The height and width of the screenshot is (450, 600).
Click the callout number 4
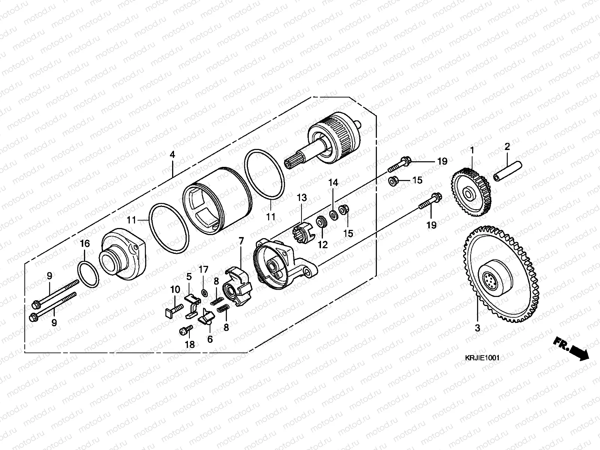[x=172, y=154]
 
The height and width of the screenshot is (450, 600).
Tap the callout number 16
[x=85, y=244]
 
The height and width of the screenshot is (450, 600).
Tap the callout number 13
[x=302, y=197]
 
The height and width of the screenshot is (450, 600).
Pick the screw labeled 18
[x=186, y=330]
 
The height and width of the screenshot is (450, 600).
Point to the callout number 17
[x=203, y=269]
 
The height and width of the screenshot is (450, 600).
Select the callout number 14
[x=333, y=183]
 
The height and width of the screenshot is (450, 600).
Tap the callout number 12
[x=322, y=244]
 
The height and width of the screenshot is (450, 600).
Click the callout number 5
[x=189, y=277]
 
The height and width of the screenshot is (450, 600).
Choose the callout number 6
[x=210, y=339]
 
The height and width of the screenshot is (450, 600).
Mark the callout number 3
[x=477, y=328]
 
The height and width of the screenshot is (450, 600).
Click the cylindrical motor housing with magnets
[x=217, y=201]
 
